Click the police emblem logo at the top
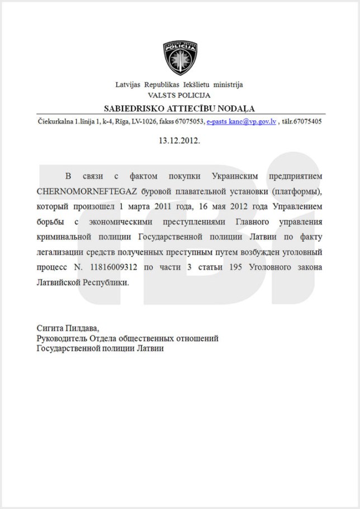[179, 58]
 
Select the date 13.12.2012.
[179, 140]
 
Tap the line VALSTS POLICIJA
[179, 95]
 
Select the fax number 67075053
[188, 121]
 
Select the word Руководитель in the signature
[61, 338]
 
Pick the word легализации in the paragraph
[63, 252]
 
